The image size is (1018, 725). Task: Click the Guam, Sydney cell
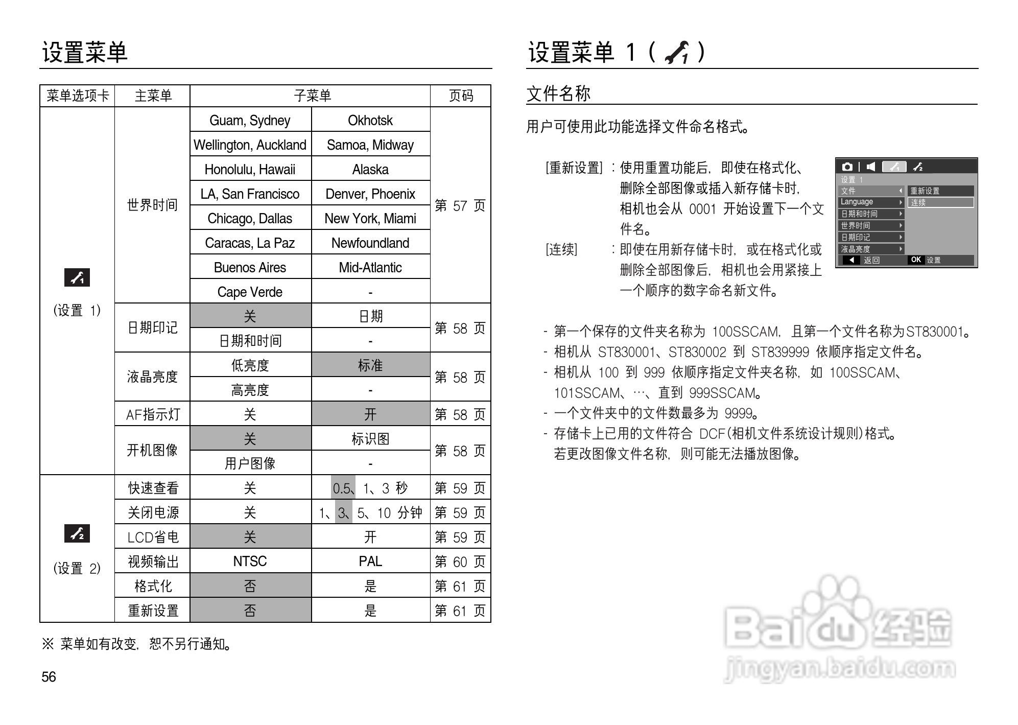(250, 120)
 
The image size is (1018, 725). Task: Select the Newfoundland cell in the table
(370, 243)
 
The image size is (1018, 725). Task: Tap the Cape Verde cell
(250, 292)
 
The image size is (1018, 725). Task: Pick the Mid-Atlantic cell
(370, 267)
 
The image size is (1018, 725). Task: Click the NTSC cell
(250, 561)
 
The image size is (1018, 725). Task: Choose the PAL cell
(370, 561)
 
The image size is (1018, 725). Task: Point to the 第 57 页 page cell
(460, 205)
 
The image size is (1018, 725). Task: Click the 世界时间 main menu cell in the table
(152, 205)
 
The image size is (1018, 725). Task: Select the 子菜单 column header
(312, 96)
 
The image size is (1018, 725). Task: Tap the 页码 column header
(461, 96)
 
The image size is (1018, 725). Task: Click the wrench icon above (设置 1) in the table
(77, 277)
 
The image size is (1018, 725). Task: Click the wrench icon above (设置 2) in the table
(77, 533)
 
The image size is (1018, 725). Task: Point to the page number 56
(49, 677)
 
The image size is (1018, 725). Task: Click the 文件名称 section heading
(558, 93)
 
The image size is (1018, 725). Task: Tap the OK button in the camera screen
(916, 260)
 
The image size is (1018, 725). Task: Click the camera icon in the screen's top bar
(847, 167)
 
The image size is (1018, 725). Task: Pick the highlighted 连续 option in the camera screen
(940, 202)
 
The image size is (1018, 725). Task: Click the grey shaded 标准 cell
(370, 365)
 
